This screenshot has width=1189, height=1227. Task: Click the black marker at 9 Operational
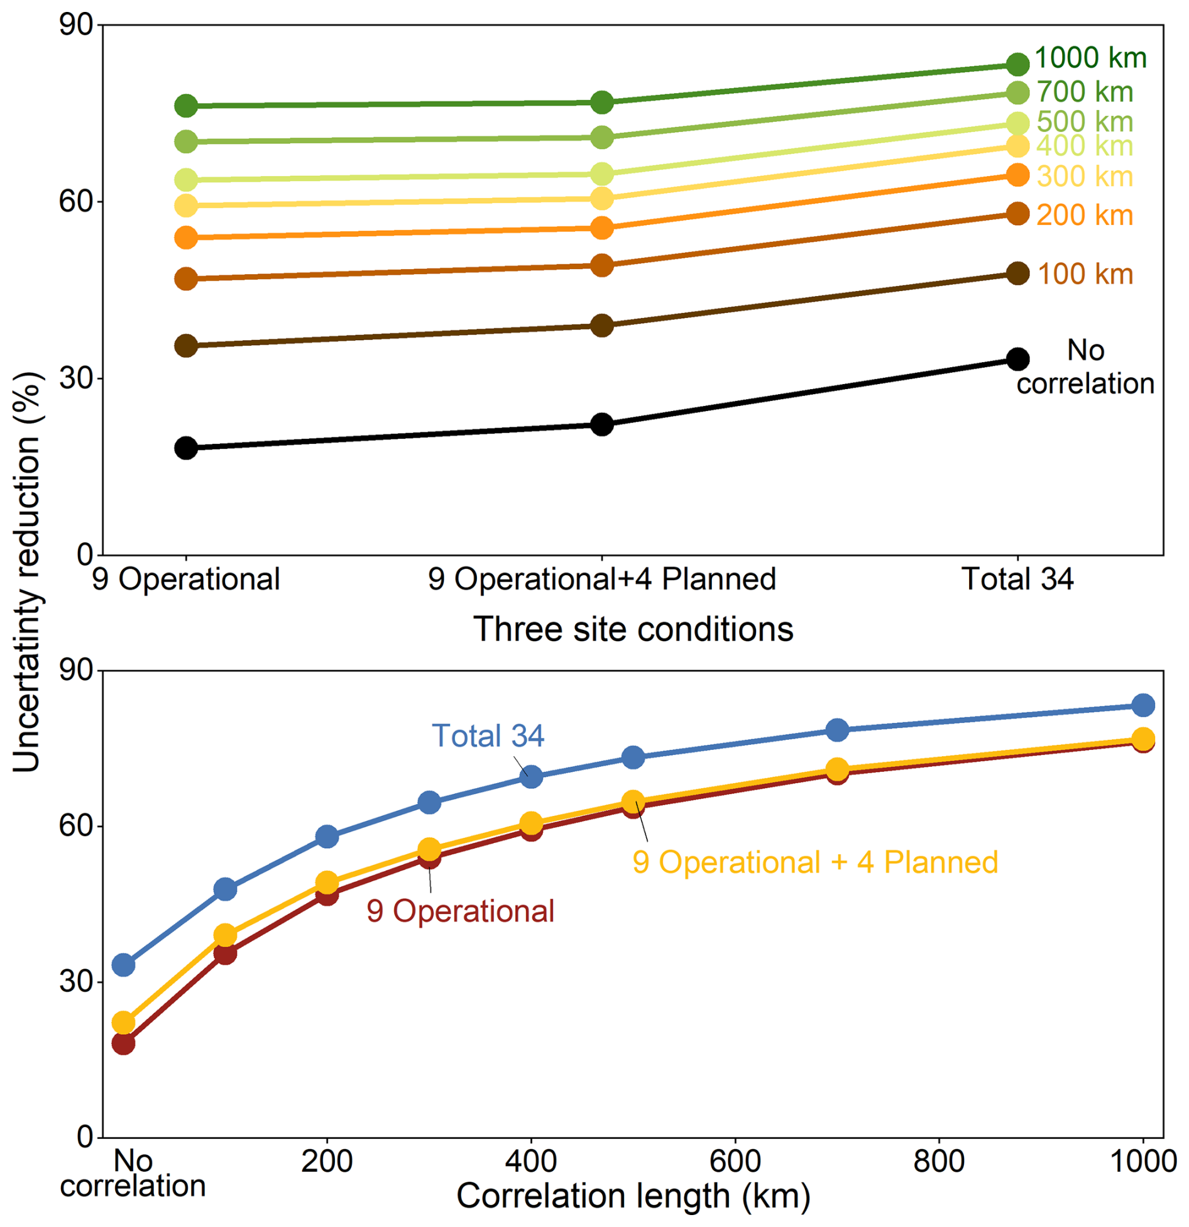click(x=186, y=448)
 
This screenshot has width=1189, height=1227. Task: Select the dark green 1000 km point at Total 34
click(x=1017, y=63)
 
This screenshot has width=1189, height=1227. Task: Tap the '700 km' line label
click(x=1085, y=92)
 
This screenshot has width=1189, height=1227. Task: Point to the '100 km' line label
click(x=1085, y=274)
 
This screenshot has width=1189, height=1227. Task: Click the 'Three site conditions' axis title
click(x=633, y=629)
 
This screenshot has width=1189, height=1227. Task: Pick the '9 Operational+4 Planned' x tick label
click(x=602, y=579)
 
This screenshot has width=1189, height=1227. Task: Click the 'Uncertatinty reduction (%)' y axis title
click(x=26, y=571)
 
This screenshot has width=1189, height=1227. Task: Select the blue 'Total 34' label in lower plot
click(x=488, y=735)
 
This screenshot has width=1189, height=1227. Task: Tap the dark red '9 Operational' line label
click(x=461, y=911)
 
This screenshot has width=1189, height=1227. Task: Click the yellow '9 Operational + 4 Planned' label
click(x=815, y=862)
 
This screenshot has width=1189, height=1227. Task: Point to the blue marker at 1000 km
click(x=1143, y=705)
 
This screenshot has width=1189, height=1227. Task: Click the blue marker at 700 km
click(x=837, y=730)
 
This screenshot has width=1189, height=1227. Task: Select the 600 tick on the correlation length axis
click(x=735, y=1160)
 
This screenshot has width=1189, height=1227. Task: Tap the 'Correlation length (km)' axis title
click(x=633, y=1196)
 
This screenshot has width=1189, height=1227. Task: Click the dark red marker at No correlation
click(x=123, y=1043)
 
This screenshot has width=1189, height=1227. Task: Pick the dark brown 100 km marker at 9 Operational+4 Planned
click(x=602, y=325)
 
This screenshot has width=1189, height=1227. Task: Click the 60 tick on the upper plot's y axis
click(x=76, y=201)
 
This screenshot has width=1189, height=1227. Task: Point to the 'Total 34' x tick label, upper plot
click(x=1017, y=579)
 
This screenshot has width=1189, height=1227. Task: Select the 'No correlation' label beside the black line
click(x=1085, y=366)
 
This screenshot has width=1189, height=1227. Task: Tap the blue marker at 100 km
click(x=225, y=889)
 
